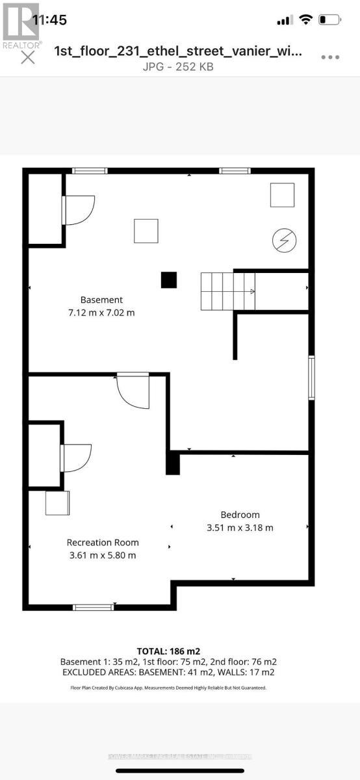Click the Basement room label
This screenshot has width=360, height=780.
point(101,300)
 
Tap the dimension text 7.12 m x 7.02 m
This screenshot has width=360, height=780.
point(101,313)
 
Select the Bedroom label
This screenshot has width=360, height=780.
point(240,514)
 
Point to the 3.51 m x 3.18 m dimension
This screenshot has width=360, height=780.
point(240,527)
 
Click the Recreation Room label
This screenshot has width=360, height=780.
point(103,542)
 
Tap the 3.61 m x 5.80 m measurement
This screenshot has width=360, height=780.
point(103,555)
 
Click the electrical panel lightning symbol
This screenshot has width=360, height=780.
point(284,240)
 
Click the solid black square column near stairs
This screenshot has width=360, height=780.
point(169,279)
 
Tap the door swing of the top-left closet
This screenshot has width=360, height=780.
point(79,210)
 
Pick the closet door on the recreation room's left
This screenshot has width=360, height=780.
point(75,458)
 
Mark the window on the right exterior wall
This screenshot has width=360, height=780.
point(311,377)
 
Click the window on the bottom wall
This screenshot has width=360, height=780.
point(93,607)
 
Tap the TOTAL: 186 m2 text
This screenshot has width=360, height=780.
point(168,651)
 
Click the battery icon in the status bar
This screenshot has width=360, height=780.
point(330,20)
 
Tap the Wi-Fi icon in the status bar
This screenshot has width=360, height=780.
point(305,20)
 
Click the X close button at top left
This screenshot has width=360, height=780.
point(28,57)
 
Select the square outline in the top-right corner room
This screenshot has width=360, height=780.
point(282,195)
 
